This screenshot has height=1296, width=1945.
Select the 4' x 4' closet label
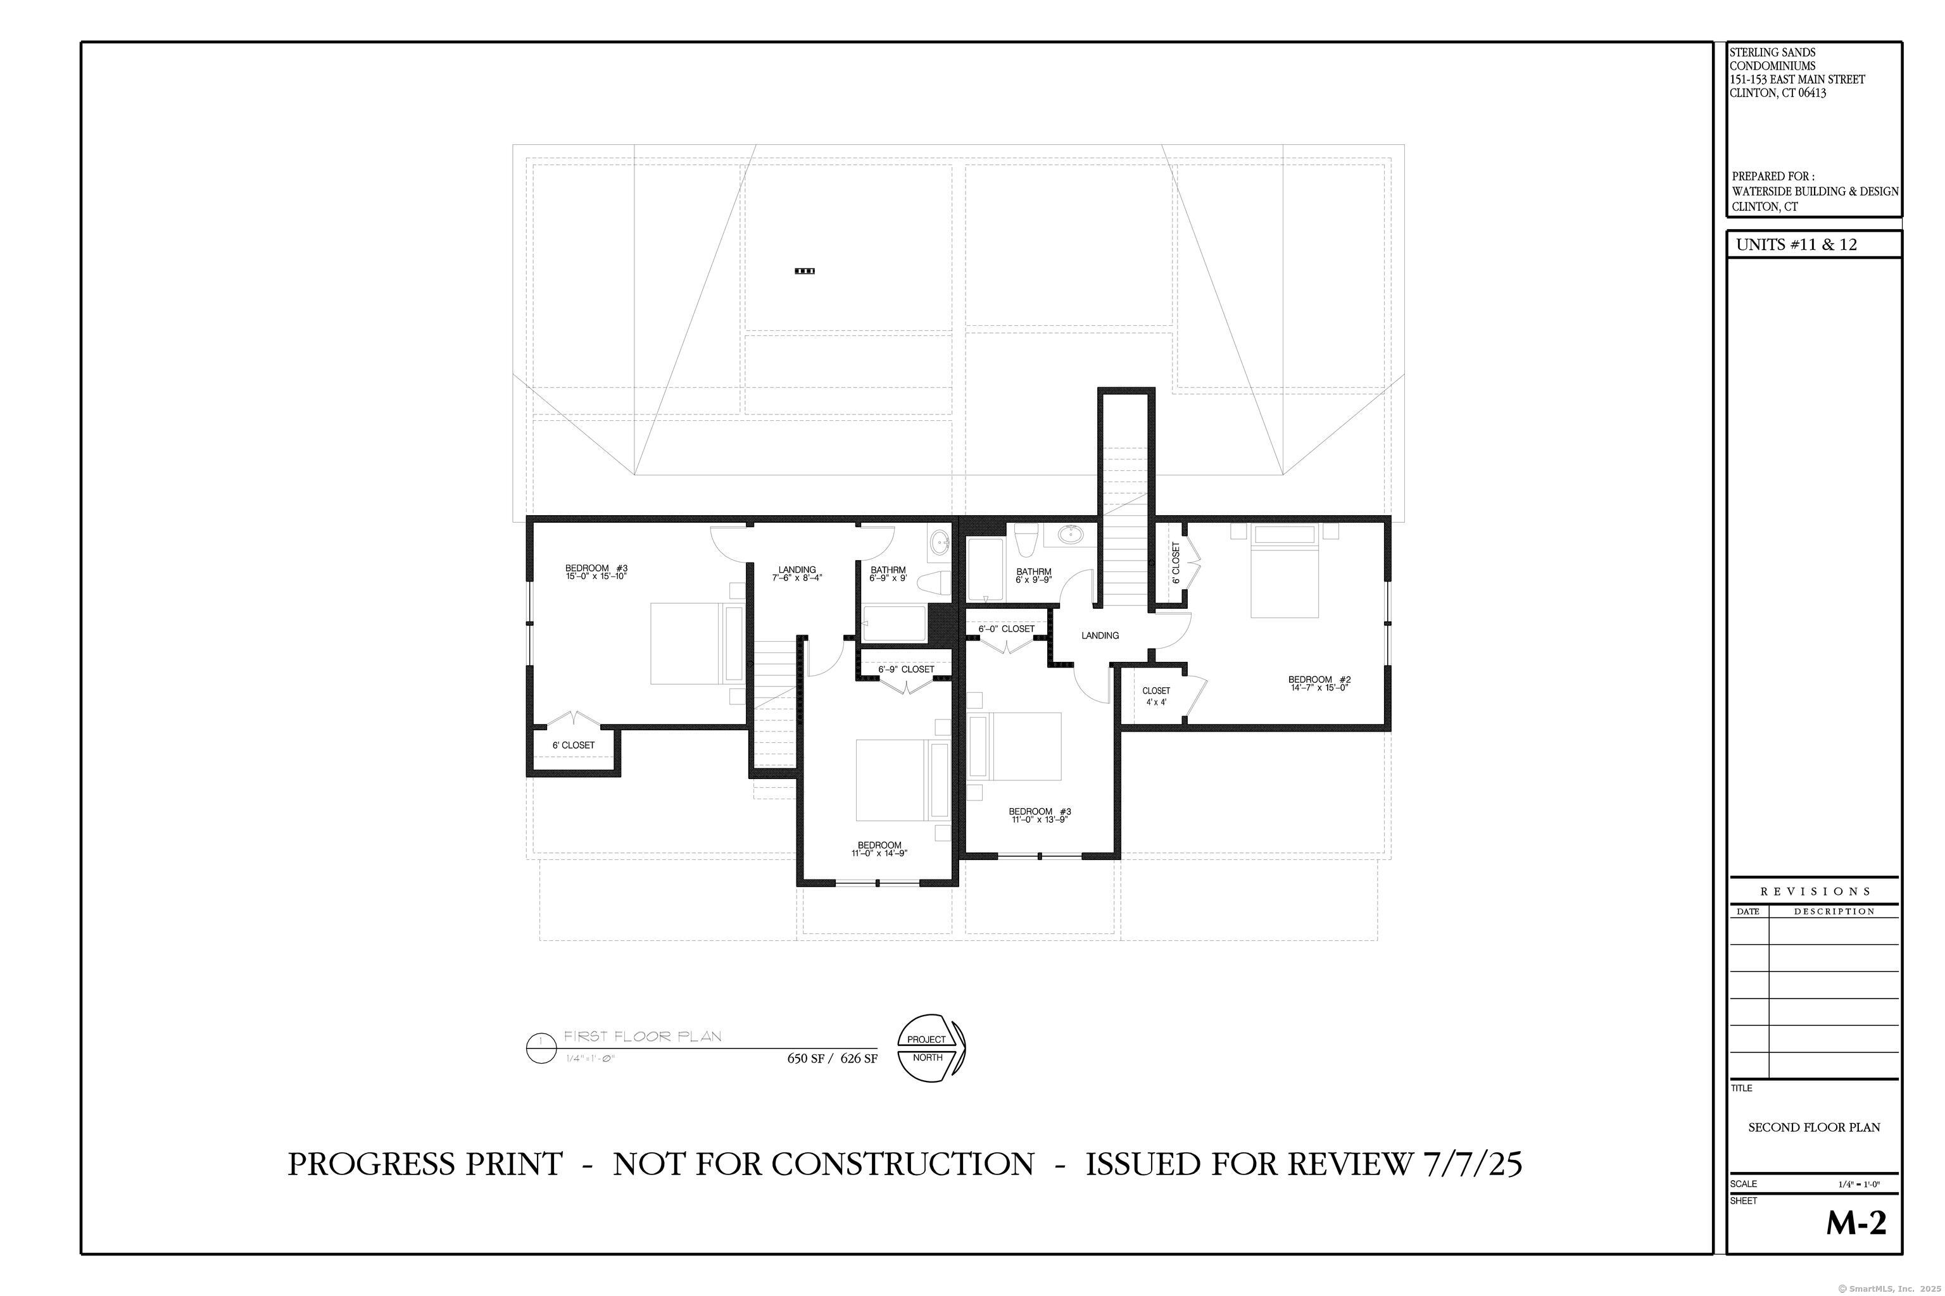point(1156,702)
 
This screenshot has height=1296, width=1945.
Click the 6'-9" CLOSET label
point(907,670)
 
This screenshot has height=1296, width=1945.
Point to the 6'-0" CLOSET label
point(1007,629)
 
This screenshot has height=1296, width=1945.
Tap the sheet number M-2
point(1856,1223)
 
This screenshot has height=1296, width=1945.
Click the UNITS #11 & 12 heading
point(1796,245)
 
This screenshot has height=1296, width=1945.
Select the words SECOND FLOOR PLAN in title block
point(1813,1128)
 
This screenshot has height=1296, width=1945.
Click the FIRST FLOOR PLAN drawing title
point(643,1037)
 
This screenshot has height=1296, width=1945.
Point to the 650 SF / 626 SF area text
point(832,1058)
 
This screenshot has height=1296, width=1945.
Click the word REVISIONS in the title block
point(1815,891)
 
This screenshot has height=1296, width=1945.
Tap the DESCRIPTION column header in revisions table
point(1834,912)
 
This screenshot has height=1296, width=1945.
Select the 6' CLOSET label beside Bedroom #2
point(1176,563)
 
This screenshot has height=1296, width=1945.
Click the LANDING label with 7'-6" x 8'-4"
point(797,573)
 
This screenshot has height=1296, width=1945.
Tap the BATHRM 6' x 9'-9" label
point(1034,575)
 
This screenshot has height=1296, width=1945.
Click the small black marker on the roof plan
point(805,271)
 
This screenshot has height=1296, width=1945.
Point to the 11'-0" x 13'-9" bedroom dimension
point(1040,820)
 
